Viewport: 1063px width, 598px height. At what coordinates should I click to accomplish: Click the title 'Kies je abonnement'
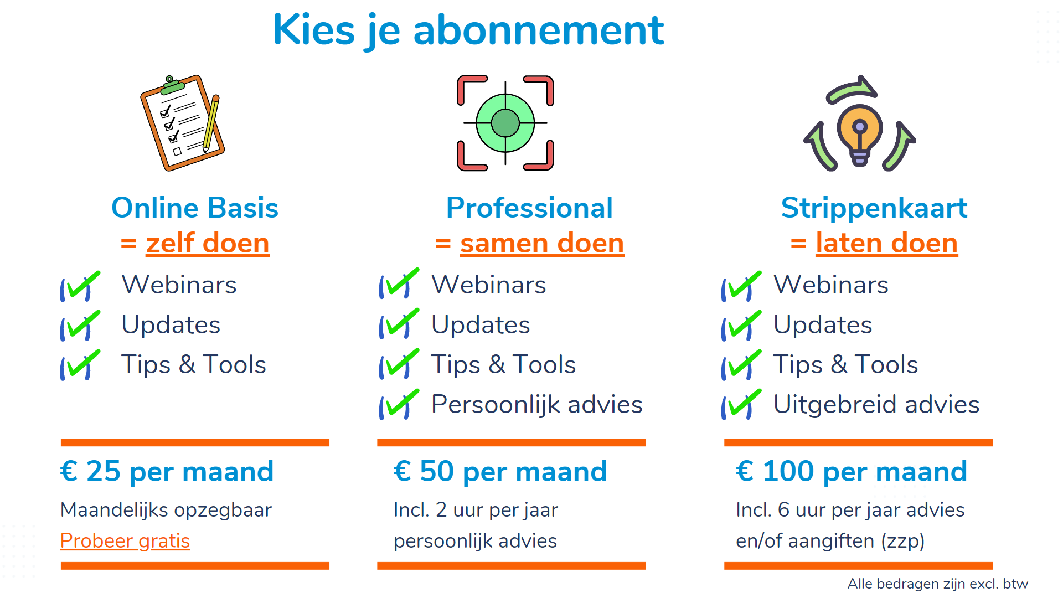(x=468, y=30)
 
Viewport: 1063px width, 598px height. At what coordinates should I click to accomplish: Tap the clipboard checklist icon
(x=182, y=122)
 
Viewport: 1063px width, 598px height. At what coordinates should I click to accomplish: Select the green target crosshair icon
(x=505, y=123)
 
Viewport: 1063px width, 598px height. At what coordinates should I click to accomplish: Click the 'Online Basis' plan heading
(x=195, y=208)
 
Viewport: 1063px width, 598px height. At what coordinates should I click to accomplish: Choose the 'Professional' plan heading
(x=529, y=208)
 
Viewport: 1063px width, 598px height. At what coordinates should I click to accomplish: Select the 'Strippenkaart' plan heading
(x=874, y=209)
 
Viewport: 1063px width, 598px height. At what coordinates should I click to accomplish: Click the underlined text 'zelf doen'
(x=208, y=243)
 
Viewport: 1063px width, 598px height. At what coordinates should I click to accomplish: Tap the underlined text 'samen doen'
(x=542, y=243)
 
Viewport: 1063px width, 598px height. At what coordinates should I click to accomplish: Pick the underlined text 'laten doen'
(x=887, y=243)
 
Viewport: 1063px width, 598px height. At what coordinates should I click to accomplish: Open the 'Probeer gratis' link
(x=125, y=541)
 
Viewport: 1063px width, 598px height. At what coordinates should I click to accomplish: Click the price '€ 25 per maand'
(x=167, y=472)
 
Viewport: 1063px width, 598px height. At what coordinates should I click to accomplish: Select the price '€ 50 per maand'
(x=500, y=472)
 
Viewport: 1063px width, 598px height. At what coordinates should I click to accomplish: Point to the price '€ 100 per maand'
(x=852, y=472)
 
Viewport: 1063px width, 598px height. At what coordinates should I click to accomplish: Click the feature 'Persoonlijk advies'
(x=537, y=405)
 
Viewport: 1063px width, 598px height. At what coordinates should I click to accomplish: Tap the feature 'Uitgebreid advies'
(x=876, y=405)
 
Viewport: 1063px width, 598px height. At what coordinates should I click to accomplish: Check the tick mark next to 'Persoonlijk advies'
(x=399, y=405)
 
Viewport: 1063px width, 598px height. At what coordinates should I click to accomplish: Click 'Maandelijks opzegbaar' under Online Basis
(x=166, y=510)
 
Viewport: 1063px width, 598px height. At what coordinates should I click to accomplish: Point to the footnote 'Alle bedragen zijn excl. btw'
(x=938, y=584)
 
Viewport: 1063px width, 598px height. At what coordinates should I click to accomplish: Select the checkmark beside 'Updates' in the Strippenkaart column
(x=741, y=325)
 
